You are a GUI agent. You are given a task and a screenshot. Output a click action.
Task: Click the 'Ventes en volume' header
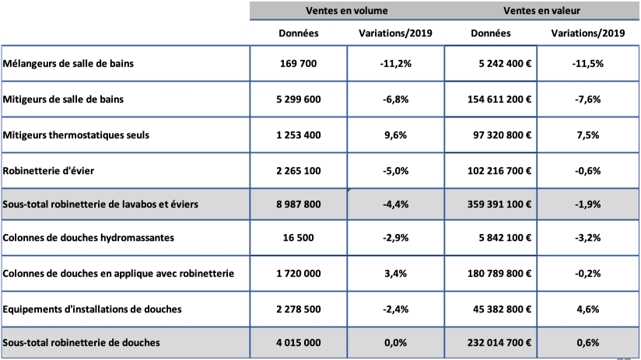coord(347,11)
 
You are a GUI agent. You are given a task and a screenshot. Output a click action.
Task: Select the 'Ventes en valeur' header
coord(541,11)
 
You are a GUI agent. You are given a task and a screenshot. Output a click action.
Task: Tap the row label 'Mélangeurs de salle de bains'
coord(68,63)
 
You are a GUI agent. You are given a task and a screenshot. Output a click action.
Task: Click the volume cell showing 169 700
coord(299,63)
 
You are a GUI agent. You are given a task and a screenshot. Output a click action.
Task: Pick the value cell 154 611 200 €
coord(499,100)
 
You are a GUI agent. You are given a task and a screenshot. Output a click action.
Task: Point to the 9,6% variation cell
coord(396,135)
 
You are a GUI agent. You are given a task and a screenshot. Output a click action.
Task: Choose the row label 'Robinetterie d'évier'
coord(48,171)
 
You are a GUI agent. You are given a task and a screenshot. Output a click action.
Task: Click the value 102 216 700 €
coord(499,171)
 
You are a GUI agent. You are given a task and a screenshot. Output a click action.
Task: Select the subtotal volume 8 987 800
coord(299,204)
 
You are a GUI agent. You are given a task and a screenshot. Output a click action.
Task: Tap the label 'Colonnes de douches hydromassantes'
coord(89,238)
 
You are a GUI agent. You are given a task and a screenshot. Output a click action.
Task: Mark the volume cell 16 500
coord(299,238)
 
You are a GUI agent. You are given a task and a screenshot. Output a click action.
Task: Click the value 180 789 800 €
coord(499,274)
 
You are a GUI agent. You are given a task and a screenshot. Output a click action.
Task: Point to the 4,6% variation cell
coord(588,309)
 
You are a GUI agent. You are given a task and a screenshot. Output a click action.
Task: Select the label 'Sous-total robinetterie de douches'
coord(82,342)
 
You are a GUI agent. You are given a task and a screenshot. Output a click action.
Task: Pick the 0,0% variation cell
coord(396,343)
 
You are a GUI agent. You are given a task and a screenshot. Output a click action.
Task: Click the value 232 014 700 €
coord(499,342)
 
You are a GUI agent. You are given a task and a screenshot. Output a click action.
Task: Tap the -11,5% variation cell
coord(588,64)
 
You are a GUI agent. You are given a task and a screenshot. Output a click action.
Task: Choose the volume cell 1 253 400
coord(299,135)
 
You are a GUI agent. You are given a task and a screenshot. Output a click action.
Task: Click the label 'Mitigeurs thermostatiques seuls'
coord(76,135)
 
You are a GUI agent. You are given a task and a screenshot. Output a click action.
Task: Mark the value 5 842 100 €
coord(506,238)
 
